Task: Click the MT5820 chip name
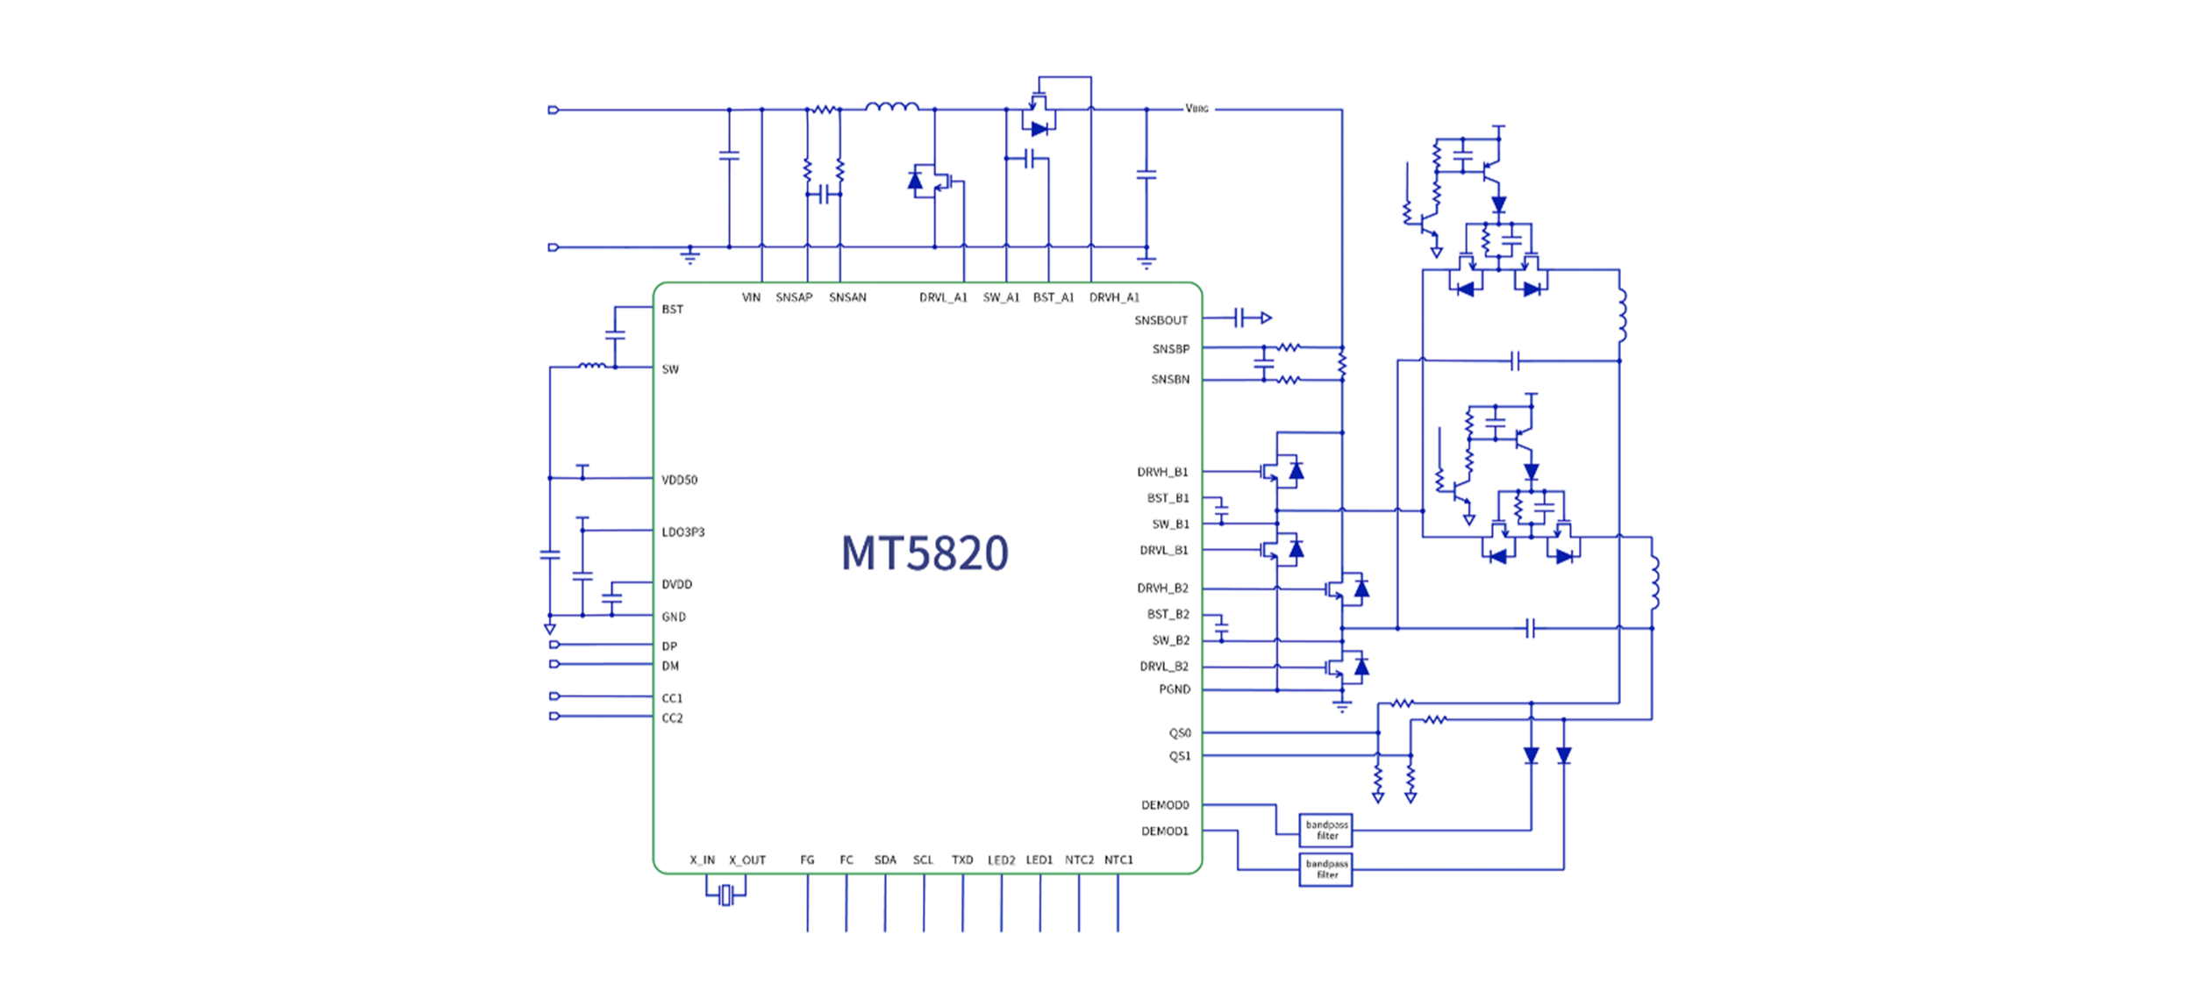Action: [925, 553]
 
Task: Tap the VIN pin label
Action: [751, 297]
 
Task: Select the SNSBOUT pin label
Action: [1161, 320]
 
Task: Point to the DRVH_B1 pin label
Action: [1162, 472]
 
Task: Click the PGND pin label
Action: [1175, 689]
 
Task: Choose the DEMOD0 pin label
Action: [1165, 805]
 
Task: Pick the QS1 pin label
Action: [1180, 756]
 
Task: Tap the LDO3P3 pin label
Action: [683, 532]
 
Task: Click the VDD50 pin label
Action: [680, 480]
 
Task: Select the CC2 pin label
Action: [672, 718]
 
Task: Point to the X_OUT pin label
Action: [747, 860]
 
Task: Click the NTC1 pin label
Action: [1118, 860]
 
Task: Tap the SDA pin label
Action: [885, 860]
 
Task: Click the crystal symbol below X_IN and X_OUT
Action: [725, 895]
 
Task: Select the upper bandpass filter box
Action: [1325, 830]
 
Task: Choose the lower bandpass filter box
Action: [1325, 869]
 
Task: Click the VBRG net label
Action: [1196, 109]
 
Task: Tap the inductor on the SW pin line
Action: [592, 365]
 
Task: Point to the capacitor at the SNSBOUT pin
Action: [1239, 318]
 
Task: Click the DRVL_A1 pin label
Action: [943, 297]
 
